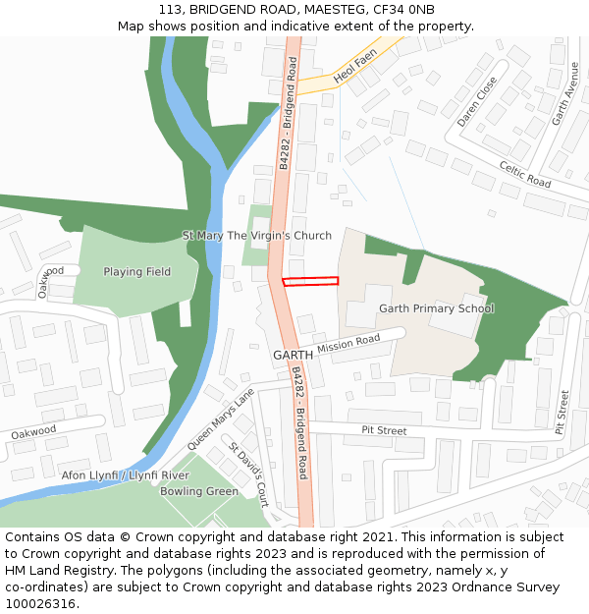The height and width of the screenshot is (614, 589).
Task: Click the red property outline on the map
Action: click(310, 282)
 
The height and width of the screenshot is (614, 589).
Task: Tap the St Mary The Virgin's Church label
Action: click(257, 236)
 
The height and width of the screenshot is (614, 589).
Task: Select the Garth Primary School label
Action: click(436, 308)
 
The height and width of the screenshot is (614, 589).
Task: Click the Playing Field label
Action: click(137, 272)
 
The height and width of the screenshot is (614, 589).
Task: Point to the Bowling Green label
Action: click(199, 491)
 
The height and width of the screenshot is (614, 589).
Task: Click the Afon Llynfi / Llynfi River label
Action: click(126, 475)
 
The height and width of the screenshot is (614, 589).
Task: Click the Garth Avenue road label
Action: click(563, 93)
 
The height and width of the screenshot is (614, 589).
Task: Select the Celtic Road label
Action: click(525, 175)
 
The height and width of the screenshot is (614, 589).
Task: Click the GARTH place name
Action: click(293, 355)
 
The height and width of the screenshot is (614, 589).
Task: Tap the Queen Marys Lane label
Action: click(220, 419)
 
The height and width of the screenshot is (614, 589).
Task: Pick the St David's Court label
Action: click(249, 474)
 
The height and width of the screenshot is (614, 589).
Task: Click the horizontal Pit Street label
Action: click(384, 430)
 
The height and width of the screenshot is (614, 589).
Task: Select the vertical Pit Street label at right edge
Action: click(562, 413)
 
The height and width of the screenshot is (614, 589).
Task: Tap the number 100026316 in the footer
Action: click(40, 604)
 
